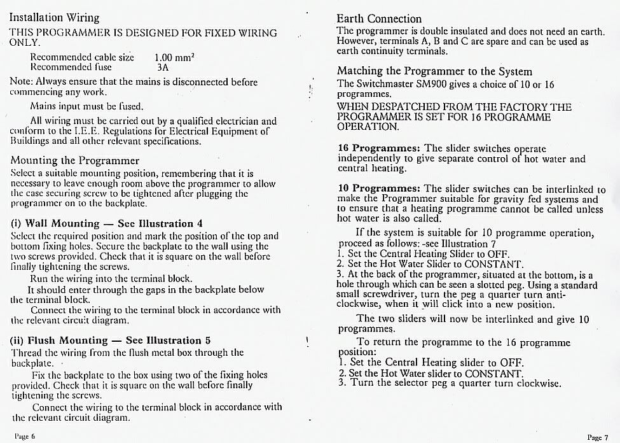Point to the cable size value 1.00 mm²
(174, 57)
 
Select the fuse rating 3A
(163, 66)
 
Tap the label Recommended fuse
(71, 66)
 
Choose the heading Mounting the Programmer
(75, 160)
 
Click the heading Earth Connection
(379, 18)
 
